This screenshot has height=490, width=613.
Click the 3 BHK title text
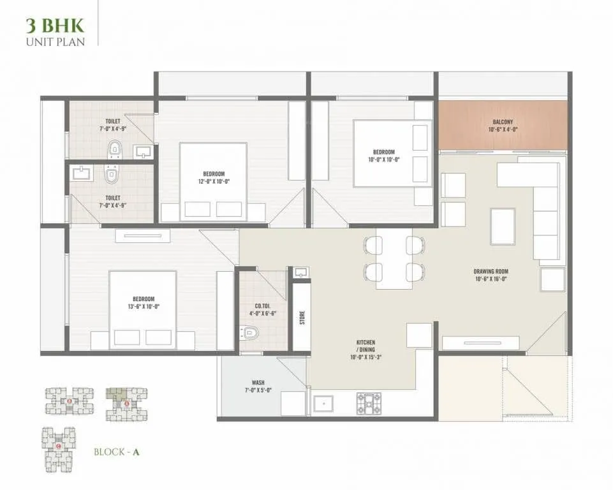[54, 26]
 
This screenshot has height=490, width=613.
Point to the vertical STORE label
[302, 318]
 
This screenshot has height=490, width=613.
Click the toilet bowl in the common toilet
[250, 333]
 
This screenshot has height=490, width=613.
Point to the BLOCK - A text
[116, 452]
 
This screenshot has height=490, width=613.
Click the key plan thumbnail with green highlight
[126, 403]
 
